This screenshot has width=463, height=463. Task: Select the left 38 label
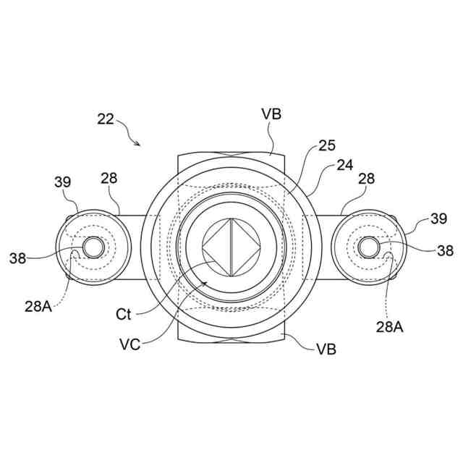(x=19, y=256)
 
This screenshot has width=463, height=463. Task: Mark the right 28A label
(x=388, y=327)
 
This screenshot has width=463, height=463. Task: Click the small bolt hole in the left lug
(x=93, y=247)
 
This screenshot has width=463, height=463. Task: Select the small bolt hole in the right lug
(x=369, y=247)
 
